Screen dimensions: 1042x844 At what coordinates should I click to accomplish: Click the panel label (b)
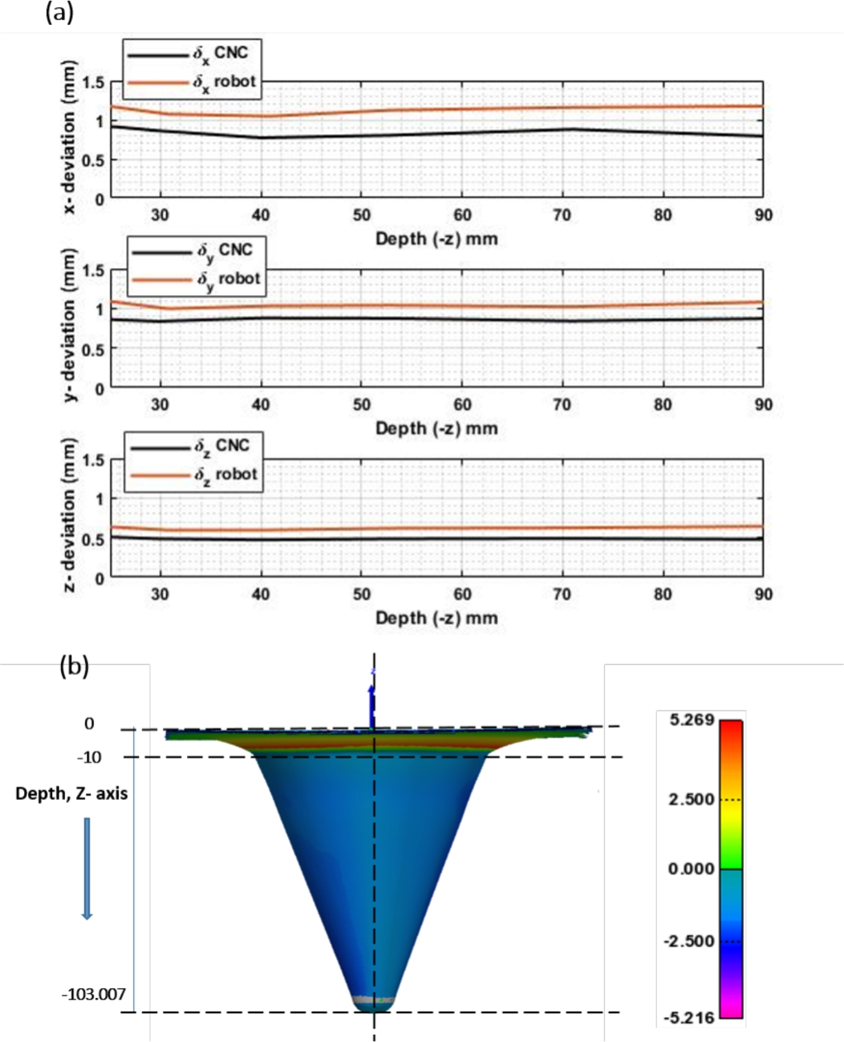coord(74,667)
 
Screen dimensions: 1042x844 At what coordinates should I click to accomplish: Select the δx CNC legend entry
coord(192,55)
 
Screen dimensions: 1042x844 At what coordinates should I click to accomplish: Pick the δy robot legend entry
coord(196,280)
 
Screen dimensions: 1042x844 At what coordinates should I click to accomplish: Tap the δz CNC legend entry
coord(193,447)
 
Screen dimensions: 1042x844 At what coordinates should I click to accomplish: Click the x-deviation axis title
coord(70,138)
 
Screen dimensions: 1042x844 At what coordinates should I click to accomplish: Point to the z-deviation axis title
coord(70,516)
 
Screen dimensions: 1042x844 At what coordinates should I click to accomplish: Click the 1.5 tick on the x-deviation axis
coord(93,83)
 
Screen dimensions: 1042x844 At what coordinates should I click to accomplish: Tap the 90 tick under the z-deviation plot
coord(763,594)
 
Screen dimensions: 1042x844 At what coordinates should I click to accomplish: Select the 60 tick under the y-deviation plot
coord(462,405)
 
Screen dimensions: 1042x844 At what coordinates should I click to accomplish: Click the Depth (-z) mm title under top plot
coord(436,239)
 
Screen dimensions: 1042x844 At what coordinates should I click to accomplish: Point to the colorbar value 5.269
coord(692,720)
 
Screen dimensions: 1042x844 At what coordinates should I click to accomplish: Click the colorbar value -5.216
coord(688,1018)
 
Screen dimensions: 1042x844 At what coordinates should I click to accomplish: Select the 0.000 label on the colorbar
coord(691,869)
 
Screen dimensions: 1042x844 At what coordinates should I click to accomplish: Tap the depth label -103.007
coord(94,995)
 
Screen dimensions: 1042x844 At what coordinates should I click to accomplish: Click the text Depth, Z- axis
coord(71,794)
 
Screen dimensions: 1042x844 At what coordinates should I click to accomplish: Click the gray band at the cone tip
coord(374,1000)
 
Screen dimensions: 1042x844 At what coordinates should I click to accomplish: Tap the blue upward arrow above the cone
coord(372,703)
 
